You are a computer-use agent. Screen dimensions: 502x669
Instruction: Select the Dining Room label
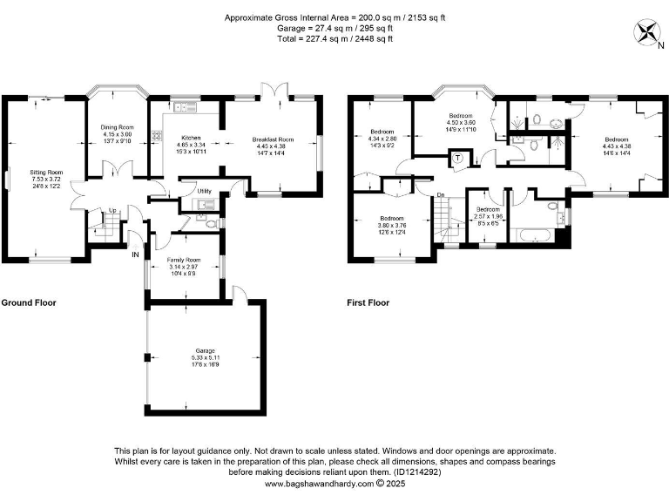[x=117, y=128]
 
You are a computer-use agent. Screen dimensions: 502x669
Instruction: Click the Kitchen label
[x=191, y=138]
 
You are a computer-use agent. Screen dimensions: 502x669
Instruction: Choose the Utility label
[x=204, y=190]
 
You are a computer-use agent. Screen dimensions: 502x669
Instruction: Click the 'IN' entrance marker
[x=135, y=254]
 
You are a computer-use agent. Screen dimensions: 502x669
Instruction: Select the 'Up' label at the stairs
[x=111, y=210]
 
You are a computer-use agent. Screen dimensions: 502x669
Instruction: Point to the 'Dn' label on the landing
[x=441, y=194]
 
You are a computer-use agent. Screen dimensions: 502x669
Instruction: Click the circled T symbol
[x=458, y=158]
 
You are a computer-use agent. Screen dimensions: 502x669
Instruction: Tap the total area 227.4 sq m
[x=335, y=38]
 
